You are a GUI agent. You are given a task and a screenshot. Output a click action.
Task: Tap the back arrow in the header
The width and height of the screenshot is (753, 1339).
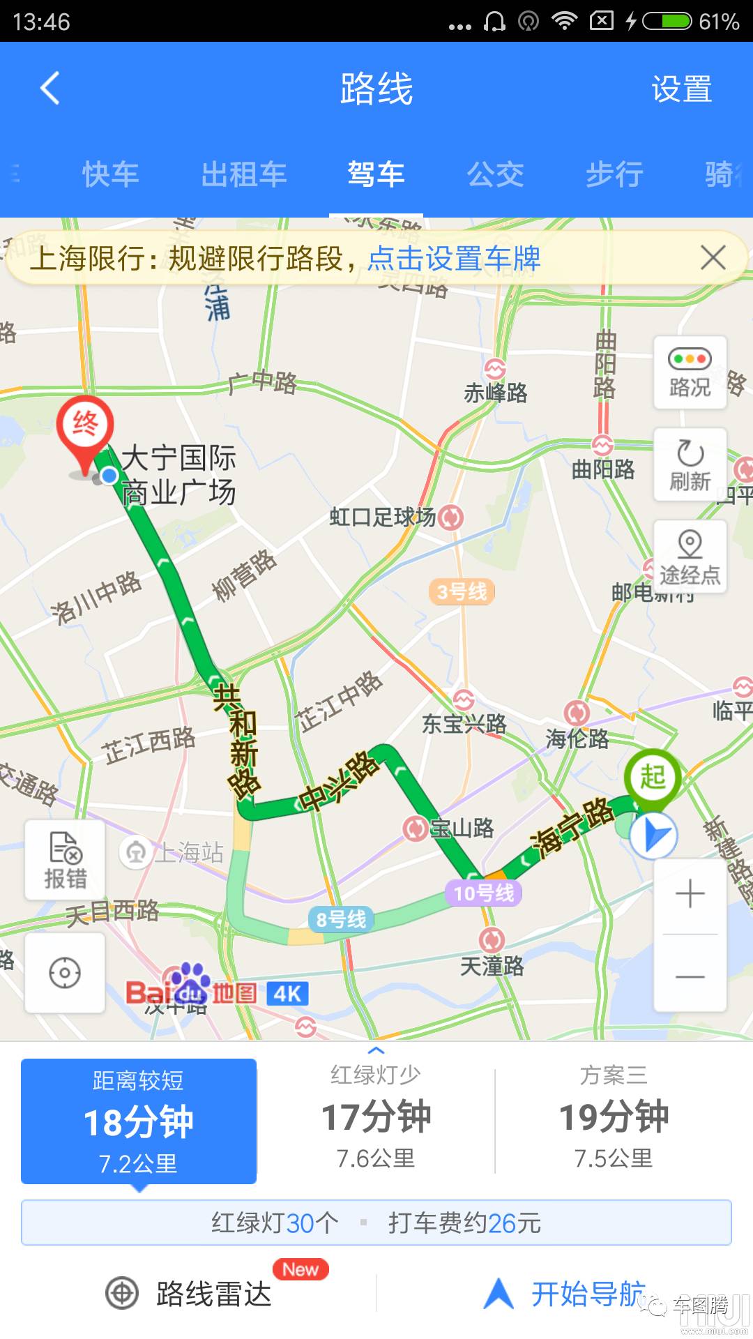pos(50,89)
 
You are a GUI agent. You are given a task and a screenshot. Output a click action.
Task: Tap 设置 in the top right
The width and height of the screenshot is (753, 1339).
pos(681,89)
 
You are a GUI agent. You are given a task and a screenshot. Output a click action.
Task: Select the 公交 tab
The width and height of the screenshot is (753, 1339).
pos(495,174)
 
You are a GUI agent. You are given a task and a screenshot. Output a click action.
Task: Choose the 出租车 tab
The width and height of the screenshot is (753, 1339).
pos(244,174)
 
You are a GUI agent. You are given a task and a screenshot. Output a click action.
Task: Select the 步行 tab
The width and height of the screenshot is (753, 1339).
pos(614,174)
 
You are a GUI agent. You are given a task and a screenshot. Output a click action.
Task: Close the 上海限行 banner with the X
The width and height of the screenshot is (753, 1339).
pos(713,258)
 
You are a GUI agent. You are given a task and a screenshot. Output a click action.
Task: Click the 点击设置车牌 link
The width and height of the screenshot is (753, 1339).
pos(454,259)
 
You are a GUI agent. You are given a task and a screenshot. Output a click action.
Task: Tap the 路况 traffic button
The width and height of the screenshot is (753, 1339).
pos(690,372)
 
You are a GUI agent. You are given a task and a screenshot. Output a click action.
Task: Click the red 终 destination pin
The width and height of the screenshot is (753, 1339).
pos(85,427)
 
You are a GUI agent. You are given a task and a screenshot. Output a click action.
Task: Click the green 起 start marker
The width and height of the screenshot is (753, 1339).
pos(652,776)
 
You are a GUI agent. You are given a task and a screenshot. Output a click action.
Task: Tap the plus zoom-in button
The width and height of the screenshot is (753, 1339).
pos(690,894)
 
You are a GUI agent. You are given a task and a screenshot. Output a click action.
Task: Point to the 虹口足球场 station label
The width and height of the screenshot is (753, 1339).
pos(383,517)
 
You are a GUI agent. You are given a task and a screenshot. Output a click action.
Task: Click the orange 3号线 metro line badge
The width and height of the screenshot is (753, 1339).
pos(462,592)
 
